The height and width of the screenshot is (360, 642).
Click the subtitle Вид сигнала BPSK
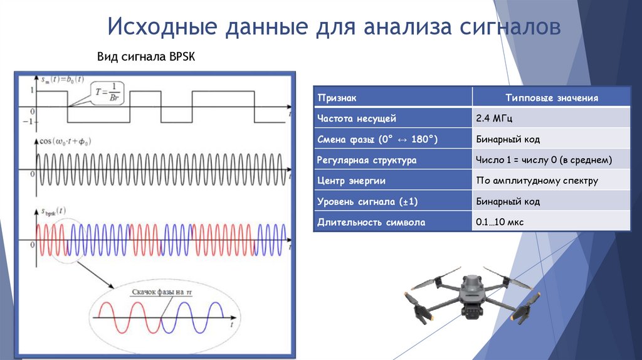(x=146, y=57)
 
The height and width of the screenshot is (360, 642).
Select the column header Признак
(x=337, y=98)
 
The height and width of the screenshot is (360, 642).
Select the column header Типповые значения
(x=552, y=98)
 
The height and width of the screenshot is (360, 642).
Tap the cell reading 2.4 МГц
(x=495, y=118)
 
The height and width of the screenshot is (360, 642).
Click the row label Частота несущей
(x=357, y=118)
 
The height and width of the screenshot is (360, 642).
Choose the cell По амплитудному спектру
(x=537, y=181)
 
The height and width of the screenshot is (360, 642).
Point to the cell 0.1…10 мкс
(x=500, y=222)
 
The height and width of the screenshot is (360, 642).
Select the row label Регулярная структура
(x=367, y=160)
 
